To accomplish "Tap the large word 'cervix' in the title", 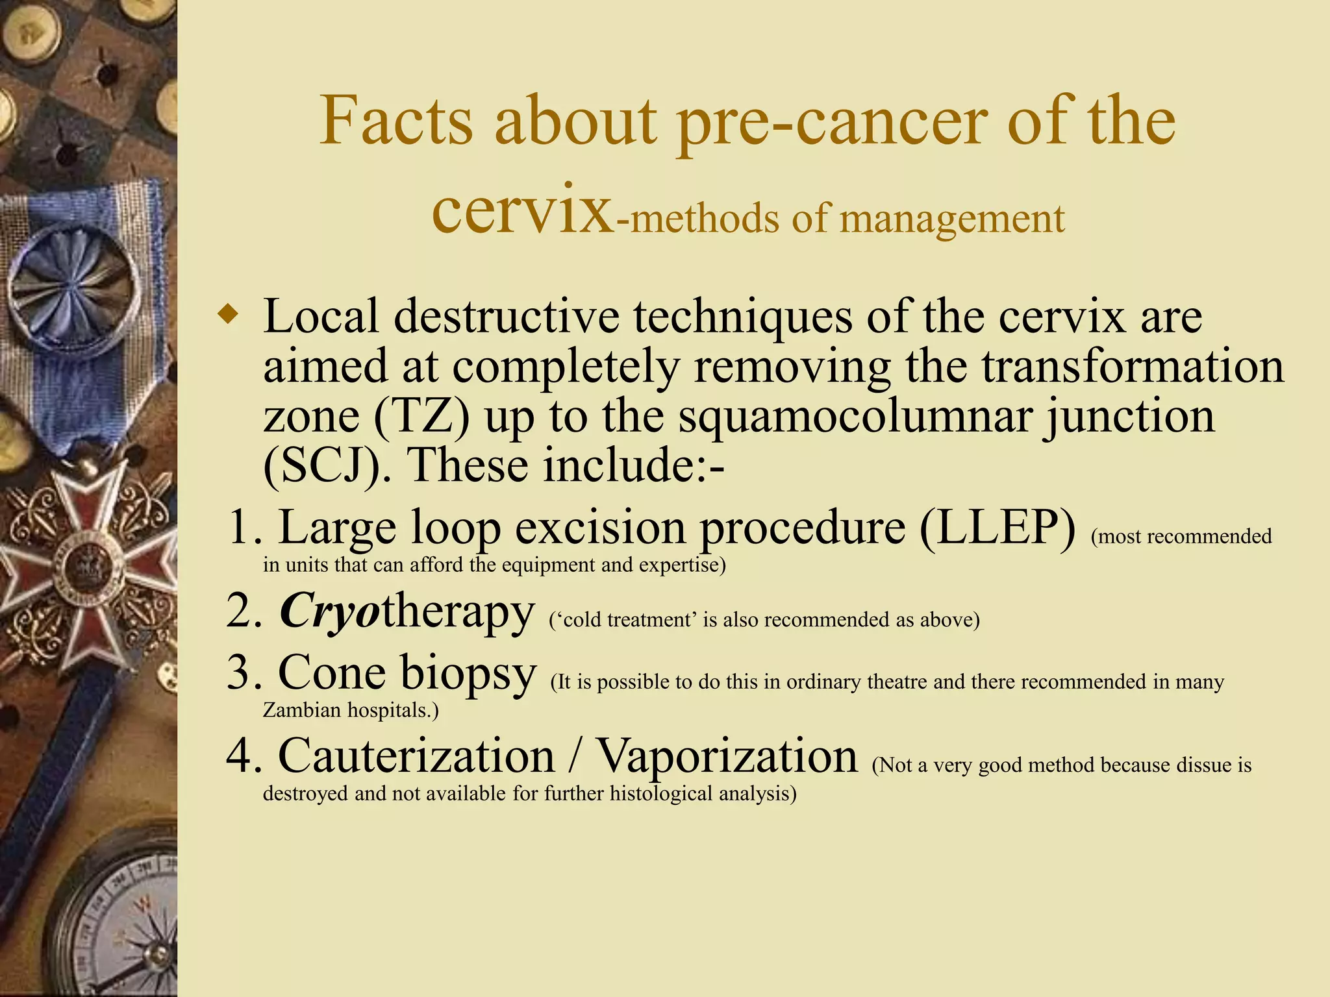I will pos(522,213).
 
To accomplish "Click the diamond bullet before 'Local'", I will pos(228,315).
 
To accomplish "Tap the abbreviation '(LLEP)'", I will pos(997,527).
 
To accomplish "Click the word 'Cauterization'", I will pos(416,756).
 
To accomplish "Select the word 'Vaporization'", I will pos(727,756).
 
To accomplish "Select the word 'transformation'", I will pos(1133,367).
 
